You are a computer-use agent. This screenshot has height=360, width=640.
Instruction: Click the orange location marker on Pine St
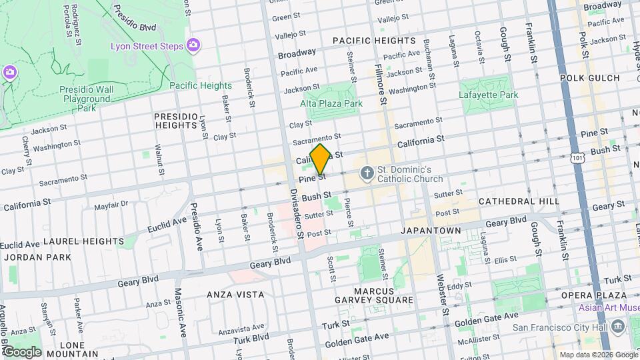[x=320, y=160]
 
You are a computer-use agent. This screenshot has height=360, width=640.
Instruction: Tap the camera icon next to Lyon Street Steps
[x=193, y=45]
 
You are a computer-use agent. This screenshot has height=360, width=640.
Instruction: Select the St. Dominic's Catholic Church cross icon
[x=366, y=174]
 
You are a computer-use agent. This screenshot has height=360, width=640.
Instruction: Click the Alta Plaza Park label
[x=331, y=103]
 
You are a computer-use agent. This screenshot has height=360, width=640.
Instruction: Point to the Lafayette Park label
[x=488, y=95]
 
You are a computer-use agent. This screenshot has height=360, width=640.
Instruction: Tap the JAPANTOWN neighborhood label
[x=431, y=230]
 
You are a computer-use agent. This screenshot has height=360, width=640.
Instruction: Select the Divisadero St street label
[x=297, y=213]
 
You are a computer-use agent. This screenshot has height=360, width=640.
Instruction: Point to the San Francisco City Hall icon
[x=617, y=327]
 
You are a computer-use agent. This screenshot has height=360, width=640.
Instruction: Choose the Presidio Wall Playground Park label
[x=84, y=98]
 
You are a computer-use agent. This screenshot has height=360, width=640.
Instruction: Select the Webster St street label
[x=441, y=294]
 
